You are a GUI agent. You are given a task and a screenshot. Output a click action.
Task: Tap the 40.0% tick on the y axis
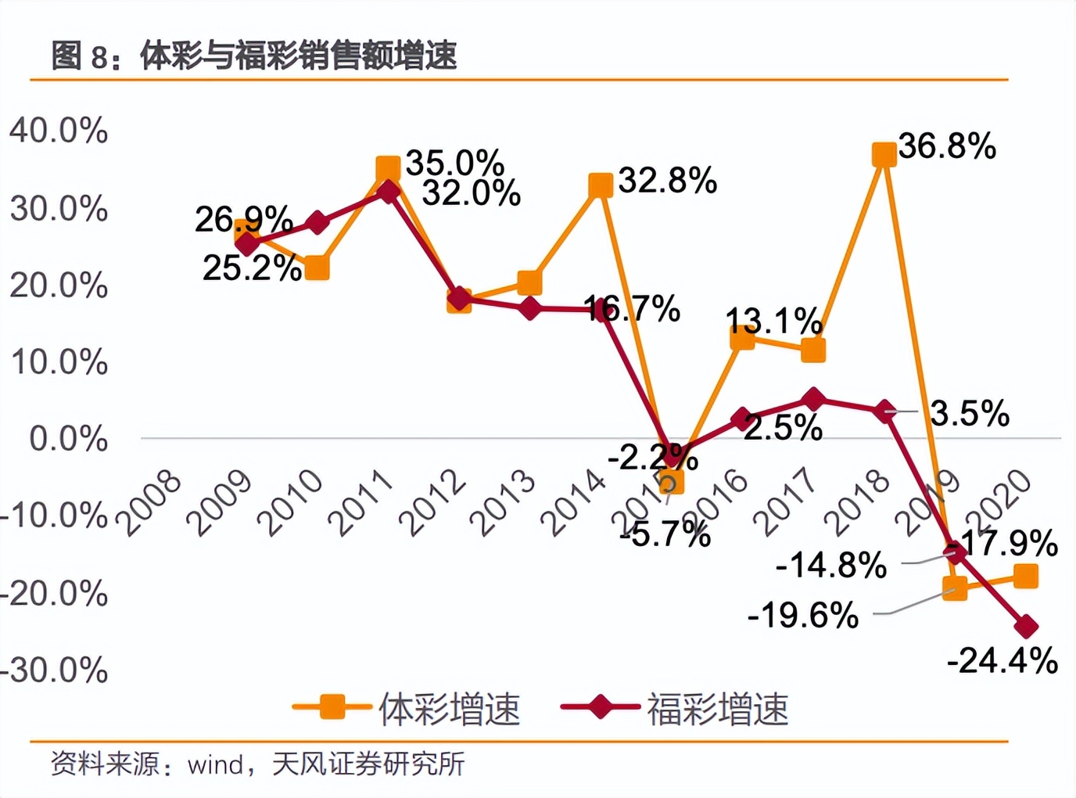point(59,131)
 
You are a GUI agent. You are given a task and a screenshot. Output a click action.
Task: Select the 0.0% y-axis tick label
point(68,439)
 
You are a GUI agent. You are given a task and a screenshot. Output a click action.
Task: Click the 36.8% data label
point(947,146)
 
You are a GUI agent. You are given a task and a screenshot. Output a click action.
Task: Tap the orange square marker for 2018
point(884,154)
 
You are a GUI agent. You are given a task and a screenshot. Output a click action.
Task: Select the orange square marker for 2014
point(600,185)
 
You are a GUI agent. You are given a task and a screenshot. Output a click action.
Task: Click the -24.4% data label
point(1002,661)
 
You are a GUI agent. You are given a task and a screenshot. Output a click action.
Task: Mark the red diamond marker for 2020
point(1025,627)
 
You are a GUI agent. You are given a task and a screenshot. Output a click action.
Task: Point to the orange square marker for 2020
point(1025,577)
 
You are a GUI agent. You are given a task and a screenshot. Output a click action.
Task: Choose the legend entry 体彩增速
point(407,709)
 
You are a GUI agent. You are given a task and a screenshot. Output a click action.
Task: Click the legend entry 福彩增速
point(675,709)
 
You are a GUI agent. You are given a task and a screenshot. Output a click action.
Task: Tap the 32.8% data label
point(667,181)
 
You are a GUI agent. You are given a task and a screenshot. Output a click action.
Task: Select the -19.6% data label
point(803,615)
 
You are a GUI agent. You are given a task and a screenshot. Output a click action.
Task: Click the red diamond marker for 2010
point(317,223)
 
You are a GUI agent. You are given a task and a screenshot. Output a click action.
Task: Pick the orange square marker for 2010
point(317,268)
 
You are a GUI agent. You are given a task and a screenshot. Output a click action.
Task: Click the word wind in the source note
point(215,764)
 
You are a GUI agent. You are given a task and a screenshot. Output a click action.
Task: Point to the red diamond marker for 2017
point(813,400)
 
